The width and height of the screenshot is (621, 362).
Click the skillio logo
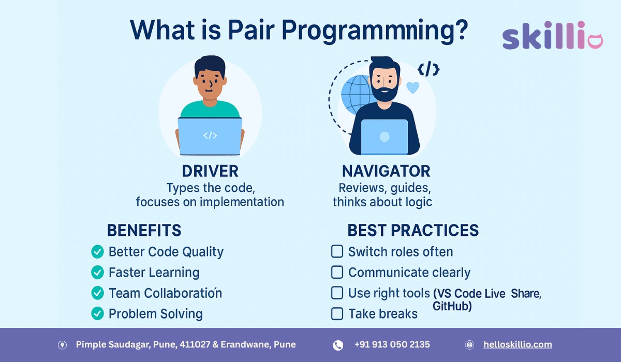pos(552,36)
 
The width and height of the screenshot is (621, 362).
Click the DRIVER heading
pos(210,171)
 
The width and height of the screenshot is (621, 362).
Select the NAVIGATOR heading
pos(386,171)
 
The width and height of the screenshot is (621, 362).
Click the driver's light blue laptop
pos(210,136)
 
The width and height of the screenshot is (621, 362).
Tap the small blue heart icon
pos(412,87)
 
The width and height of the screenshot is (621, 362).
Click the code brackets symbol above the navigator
pos(428,69)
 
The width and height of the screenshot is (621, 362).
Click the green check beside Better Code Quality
pos(97,252)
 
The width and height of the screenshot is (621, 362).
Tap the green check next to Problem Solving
pos(97,313)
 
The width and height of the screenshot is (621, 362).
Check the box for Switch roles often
pos(337,252)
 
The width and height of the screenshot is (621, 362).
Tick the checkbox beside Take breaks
pos(337,313)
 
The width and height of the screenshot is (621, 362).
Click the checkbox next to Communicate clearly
pos(337,272)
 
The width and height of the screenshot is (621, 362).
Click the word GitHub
pos(452,307)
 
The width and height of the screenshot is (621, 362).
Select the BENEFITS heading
pos(144,231)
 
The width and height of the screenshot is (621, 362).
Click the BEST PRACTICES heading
pos(413,231)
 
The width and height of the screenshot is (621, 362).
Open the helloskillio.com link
pos(517,344)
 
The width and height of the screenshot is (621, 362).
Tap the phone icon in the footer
pos(338,345)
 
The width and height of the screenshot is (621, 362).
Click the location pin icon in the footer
pos(62,345)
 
